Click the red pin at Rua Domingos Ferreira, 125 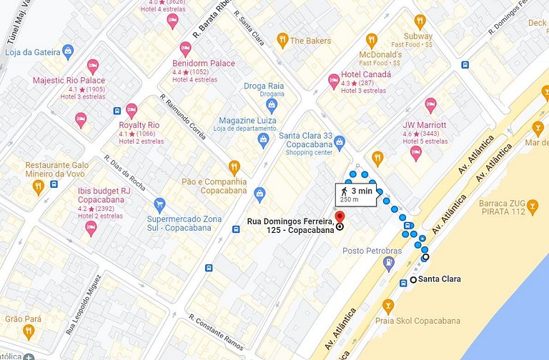pos(340,216)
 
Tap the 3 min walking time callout pos(355,194)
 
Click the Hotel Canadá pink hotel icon pos(334,81)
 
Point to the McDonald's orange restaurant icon pos(371,41)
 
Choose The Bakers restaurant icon pos(282,41)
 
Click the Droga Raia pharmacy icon pos(271,106)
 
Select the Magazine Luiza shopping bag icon pos(264,139)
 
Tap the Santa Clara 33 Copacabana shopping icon pos(340,142)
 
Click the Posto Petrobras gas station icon pos(388,264)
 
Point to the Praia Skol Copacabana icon pos(388,307)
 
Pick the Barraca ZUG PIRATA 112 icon pos(533,209)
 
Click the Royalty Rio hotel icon pos(132,111)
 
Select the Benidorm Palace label pos(204,64)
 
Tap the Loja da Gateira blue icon pos(68,51)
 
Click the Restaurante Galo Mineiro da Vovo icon pos(38,186)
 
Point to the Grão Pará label pos(24,319)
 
